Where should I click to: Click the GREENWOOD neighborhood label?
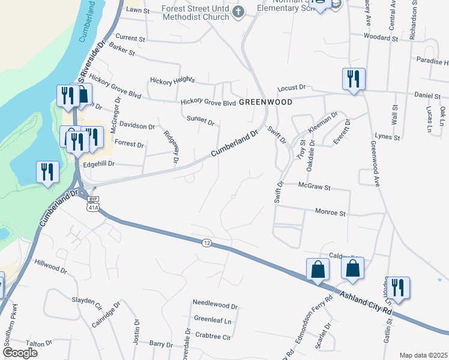pyautogui.click(x=265, y=102)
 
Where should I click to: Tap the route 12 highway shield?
pyautogui.click(x=207, y=242)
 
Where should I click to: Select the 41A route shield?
pyautogui.click(x=92, y=208)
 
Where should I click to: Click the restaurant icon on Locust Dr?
pyautogui.click(x=352, y=79)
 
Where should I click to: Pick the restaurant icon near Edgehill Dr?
pyautogui.click(x=46, y=172)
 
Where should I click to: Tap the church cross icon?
pyautogui.click(x=239, y=11)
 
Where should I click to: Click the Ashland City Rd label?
pyautogui.click(x=366, y=304)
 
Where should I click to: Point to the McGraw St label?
pyautogui.click(x=315, y=187)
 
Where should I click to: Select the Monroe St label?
pyautogui.click(x=331, y=213)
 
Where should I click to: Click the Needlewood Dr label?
pyautogui.click(x=215, y=305)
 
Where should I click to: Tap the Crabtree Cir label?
pyautogui.click(x=213, y=337)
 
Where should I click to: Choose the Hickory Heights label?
pyautogui.click(x=173, y=80)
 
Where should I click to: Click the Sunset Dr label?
pyautogui.click(x=200, y=120)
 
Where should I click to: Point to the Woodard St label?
pyautogui.click(x=381, y=37)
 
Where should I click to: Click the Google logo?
pyautogui.click(x=20, y=352)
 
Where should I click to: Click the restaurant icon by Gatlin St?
pyautogui.click(x=397, y=287)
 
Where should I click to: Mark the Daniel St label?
pyautogui.click(x=427, y=96)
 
